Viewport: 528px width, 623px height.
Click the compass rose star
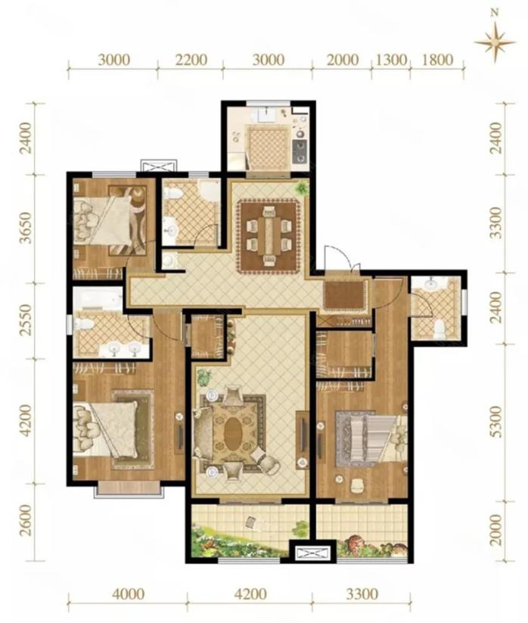tap(495, 42)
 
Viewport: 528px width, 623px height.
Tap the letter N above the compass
tap(495, 13)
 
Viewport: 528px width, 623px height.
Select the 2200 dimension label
tap(191, 60)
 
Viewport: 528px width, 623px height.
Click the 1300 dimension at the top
tap(391, 60)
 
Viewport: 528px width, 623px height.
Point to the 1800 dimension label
tap(437, 60)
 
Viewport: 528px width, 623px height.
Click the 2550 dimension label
tap(26, 320)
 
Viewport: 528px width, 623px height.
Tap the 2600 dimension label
tap(26, 521)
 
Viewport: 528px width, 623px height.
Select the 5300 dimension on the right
tap(496, 422)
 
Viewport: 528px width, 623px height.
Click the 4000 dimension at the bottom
tap(128, 594)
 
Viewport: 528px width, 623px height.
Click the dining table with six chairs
tap(269, 236)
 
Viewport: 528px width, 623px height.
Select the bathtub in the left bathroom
tap(98, 299)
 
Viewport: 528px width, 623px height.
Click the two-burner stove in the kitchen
tap(300, 152)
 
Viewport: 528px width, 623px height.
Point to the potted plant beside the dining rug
tap(302, 187)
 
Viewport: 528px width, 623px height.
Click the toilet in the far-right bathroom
tap(439, 329)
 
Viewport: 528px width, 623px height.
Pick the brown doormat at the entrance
tap(345, 295)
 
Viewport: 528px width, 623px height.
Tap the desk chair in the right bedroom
tap(358, 485)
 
